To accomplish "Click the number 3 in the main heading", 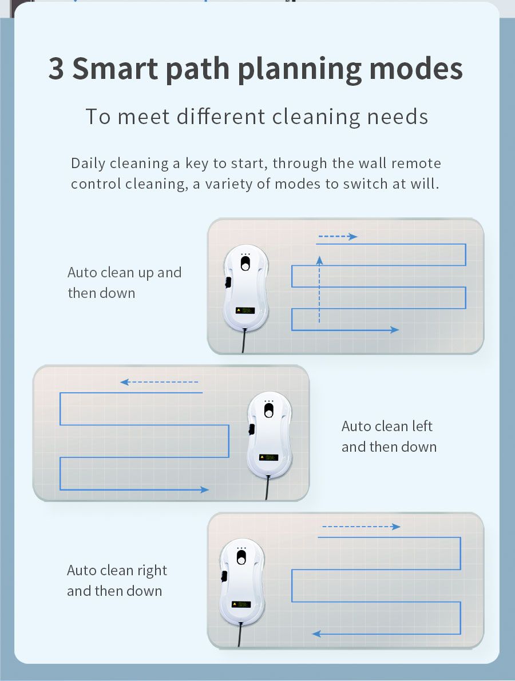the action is coord(56,69).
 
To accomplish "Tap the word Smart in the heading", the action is coord(115,69).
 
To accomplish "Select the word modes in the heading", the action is coord(416,69).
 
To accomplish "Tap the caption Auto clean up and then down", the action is coord(125,282).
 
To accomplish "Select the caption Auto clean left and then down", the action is coord(389,436).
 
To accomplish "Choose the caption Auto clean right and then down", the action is coord(117,580).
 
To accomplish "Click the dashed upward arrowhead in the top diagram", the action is coord(319,260).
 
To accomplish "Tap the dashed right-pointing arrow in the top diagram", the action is coord(338,237).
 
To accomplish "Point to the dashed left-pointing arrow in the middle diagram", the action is coord(159,382).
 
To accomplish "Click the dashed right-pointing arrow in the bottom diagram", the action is coord(361,527).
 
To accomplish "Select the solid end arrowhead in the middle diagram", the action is coord(204,489).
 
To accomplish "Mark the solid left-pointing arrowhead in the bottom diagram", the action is coord(316,634).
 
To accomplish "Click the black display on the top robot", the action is coord(245,310).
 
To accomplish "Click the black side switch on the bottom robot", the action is coord(224,576).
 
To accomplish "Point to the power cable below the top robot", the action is coord(244,340).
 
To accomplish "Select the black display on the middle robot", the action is coord(268,457).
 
